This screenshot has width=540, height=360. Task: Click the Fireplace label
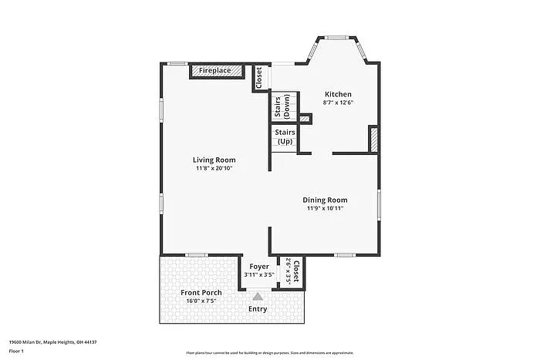[214, 71]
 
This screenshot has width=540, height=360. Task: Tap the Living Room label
[214, 160]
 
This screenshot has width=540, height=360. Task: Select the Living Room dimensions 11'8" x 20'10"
[214, 167]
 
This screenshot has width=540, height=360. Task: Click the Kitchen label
[338, 93]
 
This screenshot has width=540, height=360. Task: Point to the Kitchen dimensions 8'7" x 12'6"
[338, 102]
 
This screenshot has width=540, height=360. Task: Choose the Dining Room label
[325, 200]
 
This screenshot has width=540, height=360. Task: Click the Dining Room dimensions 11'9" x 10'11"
[325, 208]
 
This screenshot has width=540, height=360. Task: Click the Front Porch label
[201, 292]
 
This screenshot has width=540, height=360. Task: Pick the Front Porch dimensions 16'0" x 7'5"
[201, 301]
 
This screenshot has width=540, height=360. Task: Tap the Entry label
[258, 309]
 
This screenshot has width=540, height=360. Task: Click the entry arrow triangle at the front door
[258, 294]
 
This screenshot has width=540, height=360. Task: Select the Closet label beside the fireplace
[259, 76]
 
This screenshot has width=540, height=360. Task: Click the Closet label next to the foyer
[296, 271]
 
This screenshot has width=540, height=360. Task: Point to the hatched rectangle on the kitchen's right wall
[374, 140]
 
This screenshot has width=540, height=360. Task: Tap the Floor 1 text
[17, 351]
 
